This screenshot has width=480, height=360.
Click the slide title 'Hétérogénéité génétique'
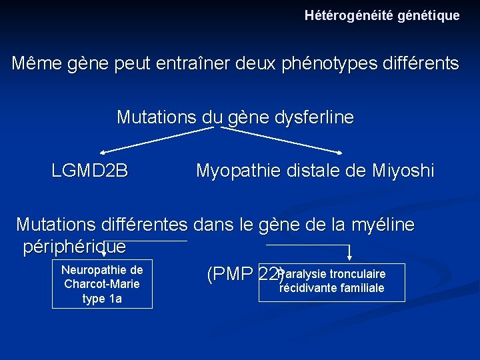tap(382, 15)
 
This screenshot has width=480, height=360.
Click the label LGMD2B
tap(90, 171)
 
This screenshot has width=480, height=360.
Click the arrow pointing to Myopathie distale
tap(287, 141)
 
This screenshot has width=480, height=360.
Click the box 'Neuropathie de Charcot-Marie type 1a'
tap(102, 284)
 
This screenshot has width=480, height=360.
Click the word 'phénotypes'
tap(347, 64)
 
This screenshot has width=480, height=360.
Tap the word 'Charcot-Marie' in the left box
tap(102, 284)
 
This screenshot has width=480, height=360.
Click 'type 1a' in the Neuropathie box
tap(102, 299)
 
